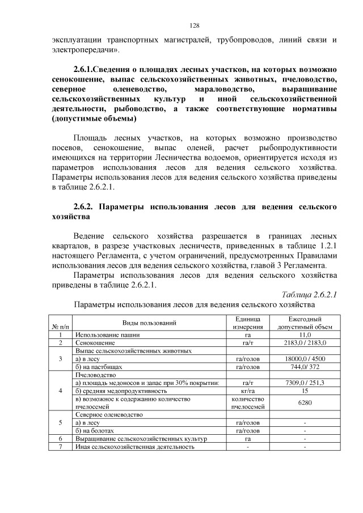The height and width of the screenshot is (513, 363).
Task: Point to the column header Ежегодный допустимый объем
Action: tap(305, 323)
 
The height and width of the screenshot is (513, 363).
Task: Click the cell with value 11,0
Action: tap(305, 335)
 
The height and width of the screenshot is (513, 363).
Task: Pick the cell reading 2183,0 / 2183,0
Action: tap(305, 343)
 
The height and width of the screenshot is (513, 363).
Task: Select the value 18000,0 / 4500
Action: tap(305, 359)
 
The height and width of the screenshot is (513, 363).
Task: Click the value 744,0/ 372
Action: tap(305, 367)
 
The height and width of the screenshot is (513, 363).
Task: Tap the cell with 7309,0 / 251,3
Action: tap(305, 383)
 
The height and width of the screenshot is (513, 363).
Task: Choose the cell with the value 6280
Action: tap(305, 402)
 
